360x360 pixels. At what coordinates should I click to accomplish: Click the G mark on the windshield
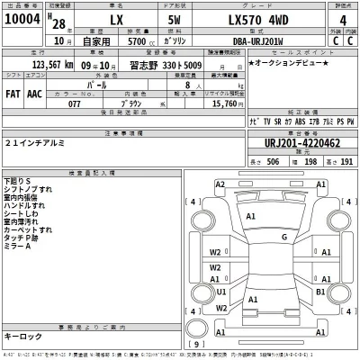pos(283,237)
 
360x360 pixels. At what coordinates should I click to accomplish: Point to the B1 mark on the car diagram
pos(319,292)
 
